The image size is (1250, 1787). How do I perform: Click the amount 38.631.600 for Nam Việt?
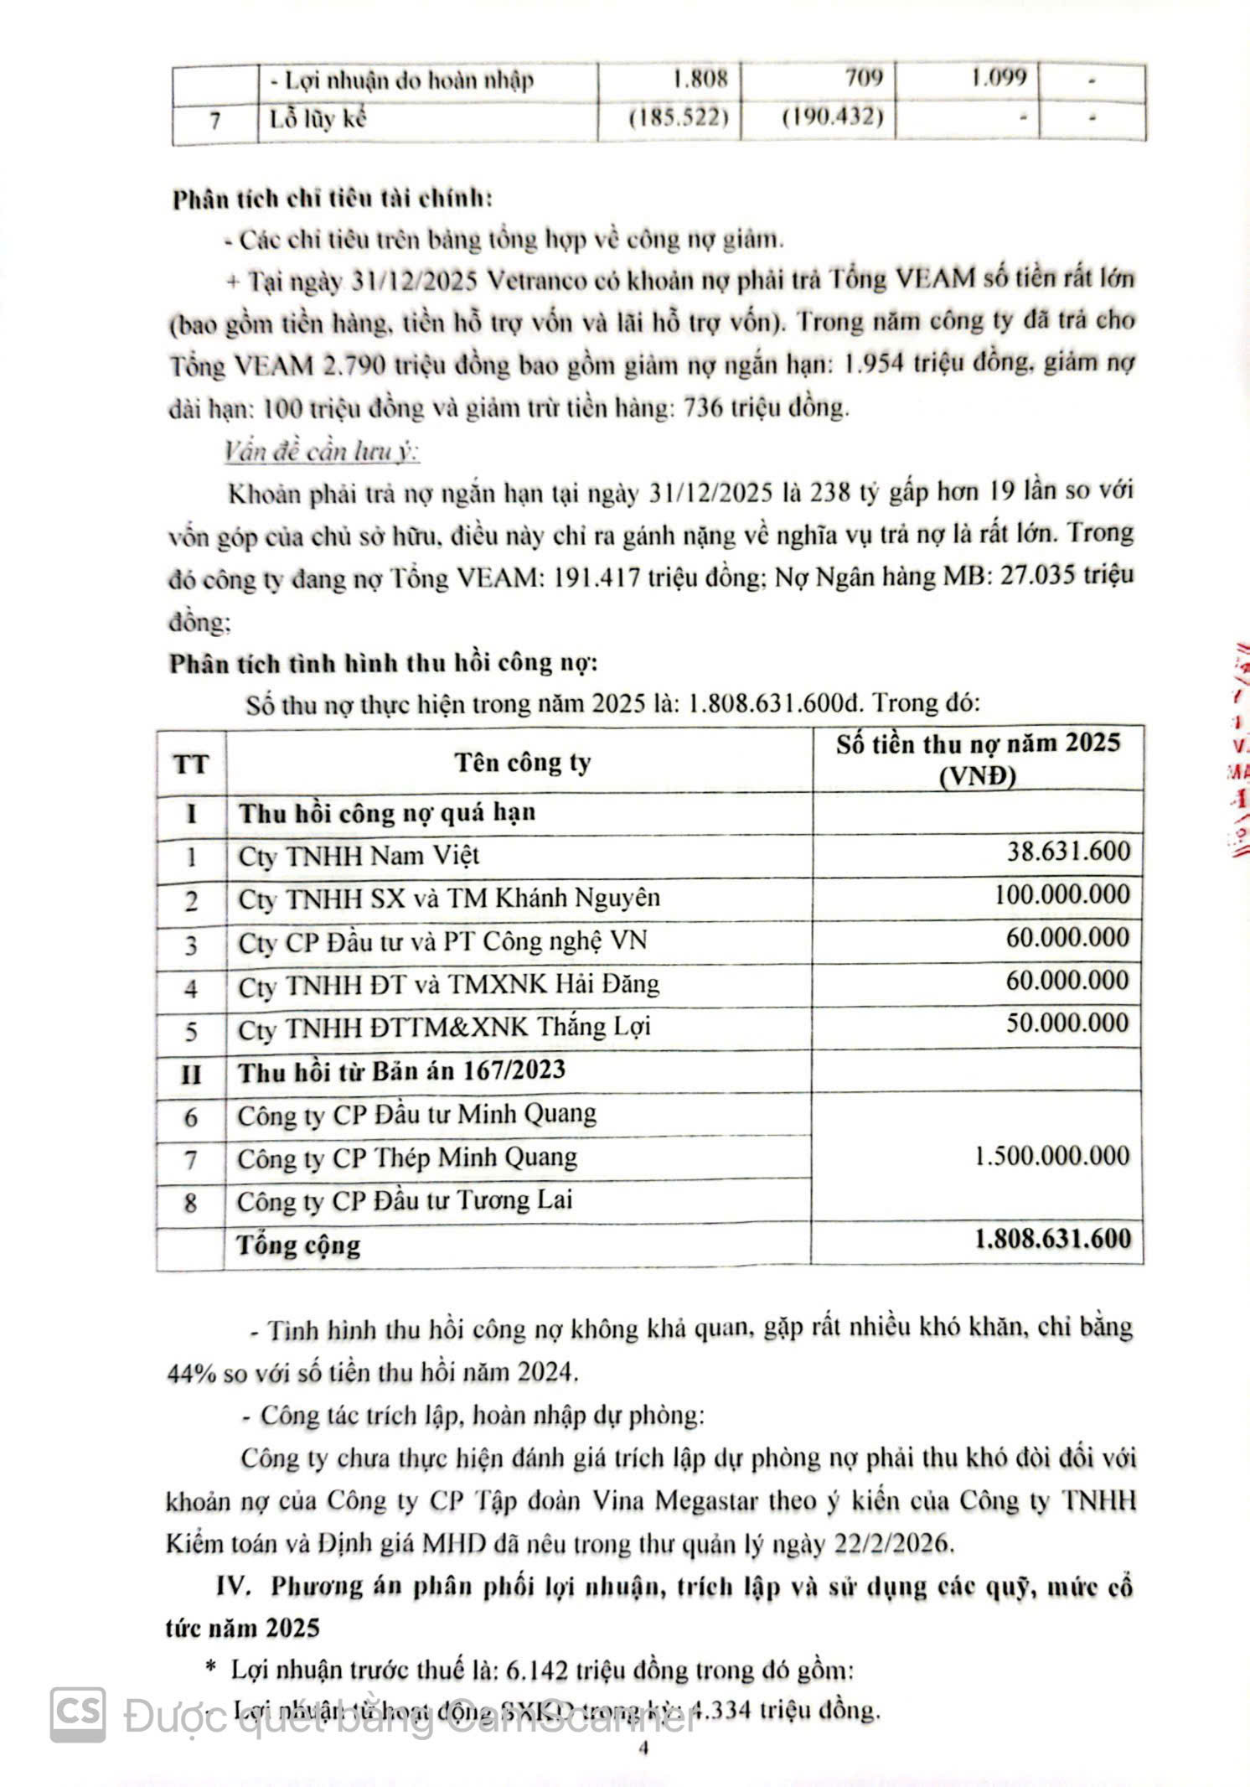1068,852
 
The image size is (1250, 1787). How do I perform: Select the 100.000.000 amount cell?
1061,894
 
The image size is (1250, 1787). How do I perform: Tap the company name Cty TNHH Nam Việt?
359,856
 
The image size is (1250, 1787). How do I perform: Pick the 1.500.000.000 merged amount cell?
1052,1156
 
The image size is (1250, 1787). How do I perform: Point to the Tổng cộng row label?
298,1245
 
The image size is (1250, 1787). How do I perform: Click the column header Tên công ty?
523,763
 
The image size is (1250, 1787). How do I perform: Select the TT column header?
191,764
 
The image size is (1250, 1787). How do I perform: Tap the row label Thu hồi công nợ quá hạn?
387,813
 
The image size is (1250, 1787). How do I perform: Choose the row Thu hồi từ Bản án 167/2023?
402,1071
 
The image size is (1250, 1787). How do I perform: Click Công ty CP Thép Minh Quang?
407,1158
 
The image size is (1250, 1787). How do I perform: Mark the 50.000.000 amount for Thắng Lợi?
1067,1023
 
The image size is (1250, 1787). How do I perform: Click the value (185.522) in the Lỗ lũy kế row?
674,117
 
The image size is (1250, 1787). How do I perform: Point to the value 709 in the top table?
863,78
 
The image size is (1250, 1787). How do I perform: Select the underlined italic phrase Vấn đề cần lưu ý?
322,453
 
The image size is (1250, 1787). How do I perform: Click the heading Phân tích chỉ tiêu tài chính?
332,199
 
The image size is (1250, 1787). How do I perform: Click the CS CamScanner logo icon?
78,1715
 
